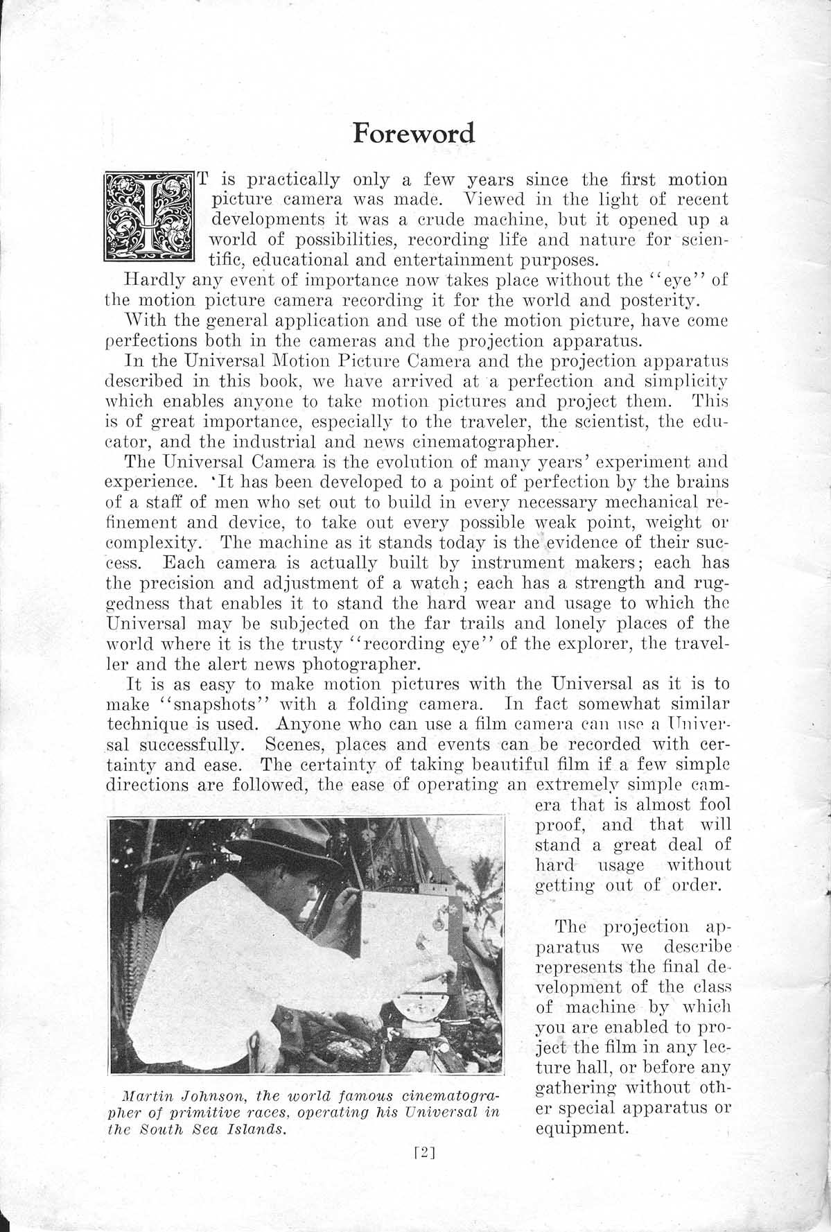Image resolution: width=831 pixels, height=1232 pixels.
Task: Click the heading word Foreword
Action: pyautogui.click(x=414, y=132)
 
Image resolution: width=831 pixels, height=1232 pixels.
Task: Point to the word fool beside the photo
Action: pyautogui.click(x=715, y=806)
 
